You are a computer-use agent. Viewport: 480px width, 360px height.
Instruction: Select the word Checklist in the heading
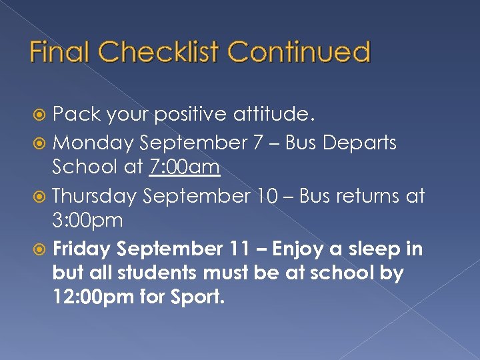(x=166, y=52)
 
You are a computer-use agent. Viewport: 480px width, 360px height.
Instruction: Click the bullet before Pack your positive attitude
(x=41, y=115)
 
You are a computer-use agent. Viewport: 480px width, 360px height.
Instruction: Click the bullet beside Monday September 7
(x=41, y=143)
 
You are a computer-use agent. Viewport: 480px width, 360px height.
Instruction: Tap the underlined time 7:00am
(x=184, y=167)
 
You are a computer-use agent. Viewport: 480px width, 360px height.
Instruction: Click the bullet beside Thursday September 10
(x=41, y=197)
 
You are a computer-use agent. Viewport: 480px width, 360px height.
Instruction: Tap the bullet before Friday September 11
(x=41, y=250)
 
